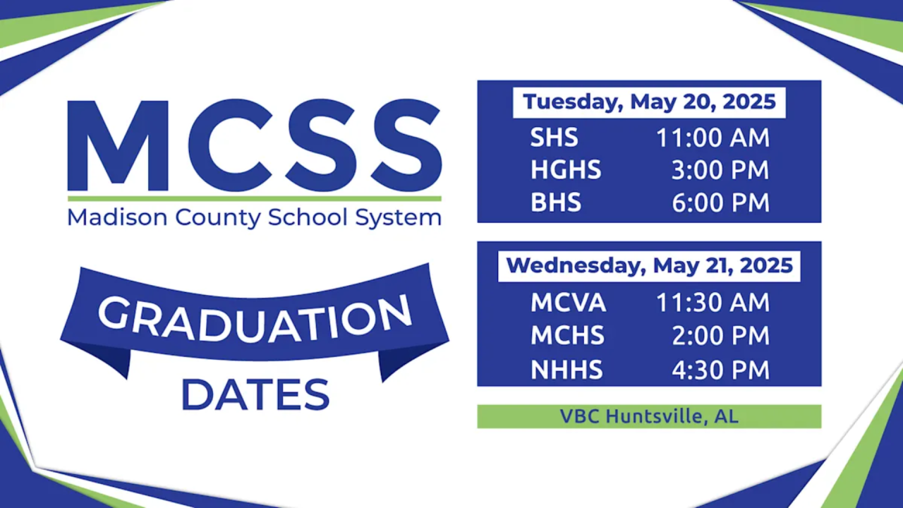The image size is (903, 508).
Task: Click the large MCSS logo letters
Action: tap(255, 145)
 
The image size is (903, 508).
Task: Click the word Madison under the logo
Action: tap(117, 217)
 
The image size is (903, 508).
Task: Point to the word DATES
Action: tap(255, 394)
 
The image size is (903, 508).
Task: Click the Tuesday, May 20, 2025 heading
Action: tap(649, 102)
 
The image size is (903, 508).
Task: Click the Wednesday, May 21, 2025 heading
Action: tap(650, 266)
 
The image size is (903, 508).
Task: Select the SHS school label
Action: tap(554, 138)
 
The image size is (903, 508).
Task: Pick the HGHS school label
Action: tap(566, 170)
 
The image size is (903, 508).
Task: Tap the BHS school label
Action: tap(556, 202)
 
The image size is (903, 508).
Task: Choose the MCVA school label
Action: tap(569, 303)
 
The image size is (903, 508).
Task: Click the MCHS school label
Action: tap(568, 335)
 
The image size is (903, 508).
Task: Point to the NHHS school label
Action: tap(566, 370)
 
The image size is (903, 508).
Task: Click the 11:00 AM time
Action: tap(713, 138)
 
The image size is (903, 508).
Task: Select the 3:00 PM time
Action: tap(720, 170)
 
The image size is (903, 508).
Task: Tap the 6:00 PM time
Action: tap(720, 202)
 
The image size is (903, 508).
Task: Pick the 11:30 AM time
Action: tap(713, 303)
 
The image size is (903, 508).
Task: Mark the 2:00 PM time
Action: tap(720, 335)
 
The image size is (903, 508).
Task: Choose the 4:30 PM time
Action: tap(720, 370)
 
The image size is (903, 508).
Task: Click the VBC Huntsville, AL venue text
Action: tap(649, 416)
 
